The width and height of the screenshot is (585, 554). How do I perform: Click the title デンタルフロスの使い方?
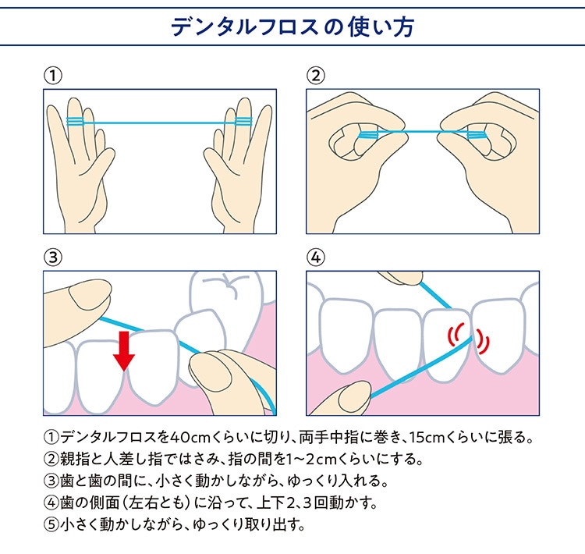[x=292, y=27]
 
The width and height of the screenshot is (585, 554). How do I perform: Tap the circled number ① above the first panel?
[x=53, y=76]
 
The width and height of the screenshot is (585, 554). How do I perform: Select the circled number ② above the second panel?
[x=316, y=76]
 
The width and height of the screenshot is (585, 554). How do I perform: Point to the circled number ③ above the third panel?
[x=53, y=257]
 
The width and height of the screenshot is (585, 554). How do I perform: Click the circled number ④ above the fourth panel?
[x=316, y=257]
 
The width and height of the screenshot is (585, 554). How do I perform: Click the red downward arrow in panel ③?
[x=124, y=351]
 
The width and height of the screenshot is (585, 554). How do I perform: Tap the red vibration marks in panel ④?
[x=469, y=338]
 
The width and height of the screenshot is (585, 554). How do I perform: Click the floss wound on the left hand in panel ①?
[x=75, y=122]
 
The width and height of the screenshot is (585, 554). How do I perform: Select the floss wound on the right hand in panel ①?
[x=243, y=122]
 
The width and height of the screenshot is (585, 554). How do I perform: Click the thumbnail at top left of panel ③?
[x=89, y=295]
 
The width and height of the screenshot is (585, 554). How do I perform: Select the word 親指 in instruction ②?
[x=75, y=459]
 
